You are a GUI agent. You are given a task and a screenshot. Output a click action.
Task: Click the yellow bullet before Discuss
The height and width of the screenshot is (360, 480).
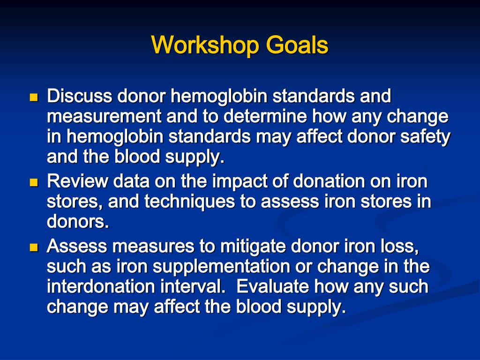[33, 98]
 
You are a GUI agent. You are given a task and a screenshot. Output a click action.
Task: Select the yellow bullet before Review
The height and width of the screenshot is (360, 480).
[33, 182]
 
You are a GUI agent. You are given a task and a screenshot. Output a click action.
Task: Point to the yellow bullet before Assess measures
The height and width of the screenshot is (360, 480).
[33, 247]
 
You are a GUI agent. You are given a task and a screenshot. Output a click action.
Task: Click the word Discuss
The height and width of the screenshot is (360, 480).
[80, 97]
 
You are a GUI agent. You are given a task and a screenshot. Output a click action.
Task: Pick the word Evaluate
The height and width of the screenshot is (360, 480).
[273, 286]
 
